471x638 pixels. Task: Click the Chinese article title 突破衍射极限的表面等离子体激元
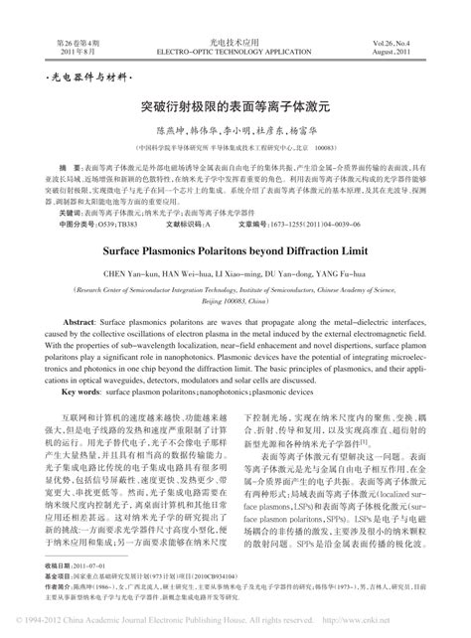click(235, 101)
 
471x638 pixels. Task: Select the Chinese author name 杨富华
click(304, 129)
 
